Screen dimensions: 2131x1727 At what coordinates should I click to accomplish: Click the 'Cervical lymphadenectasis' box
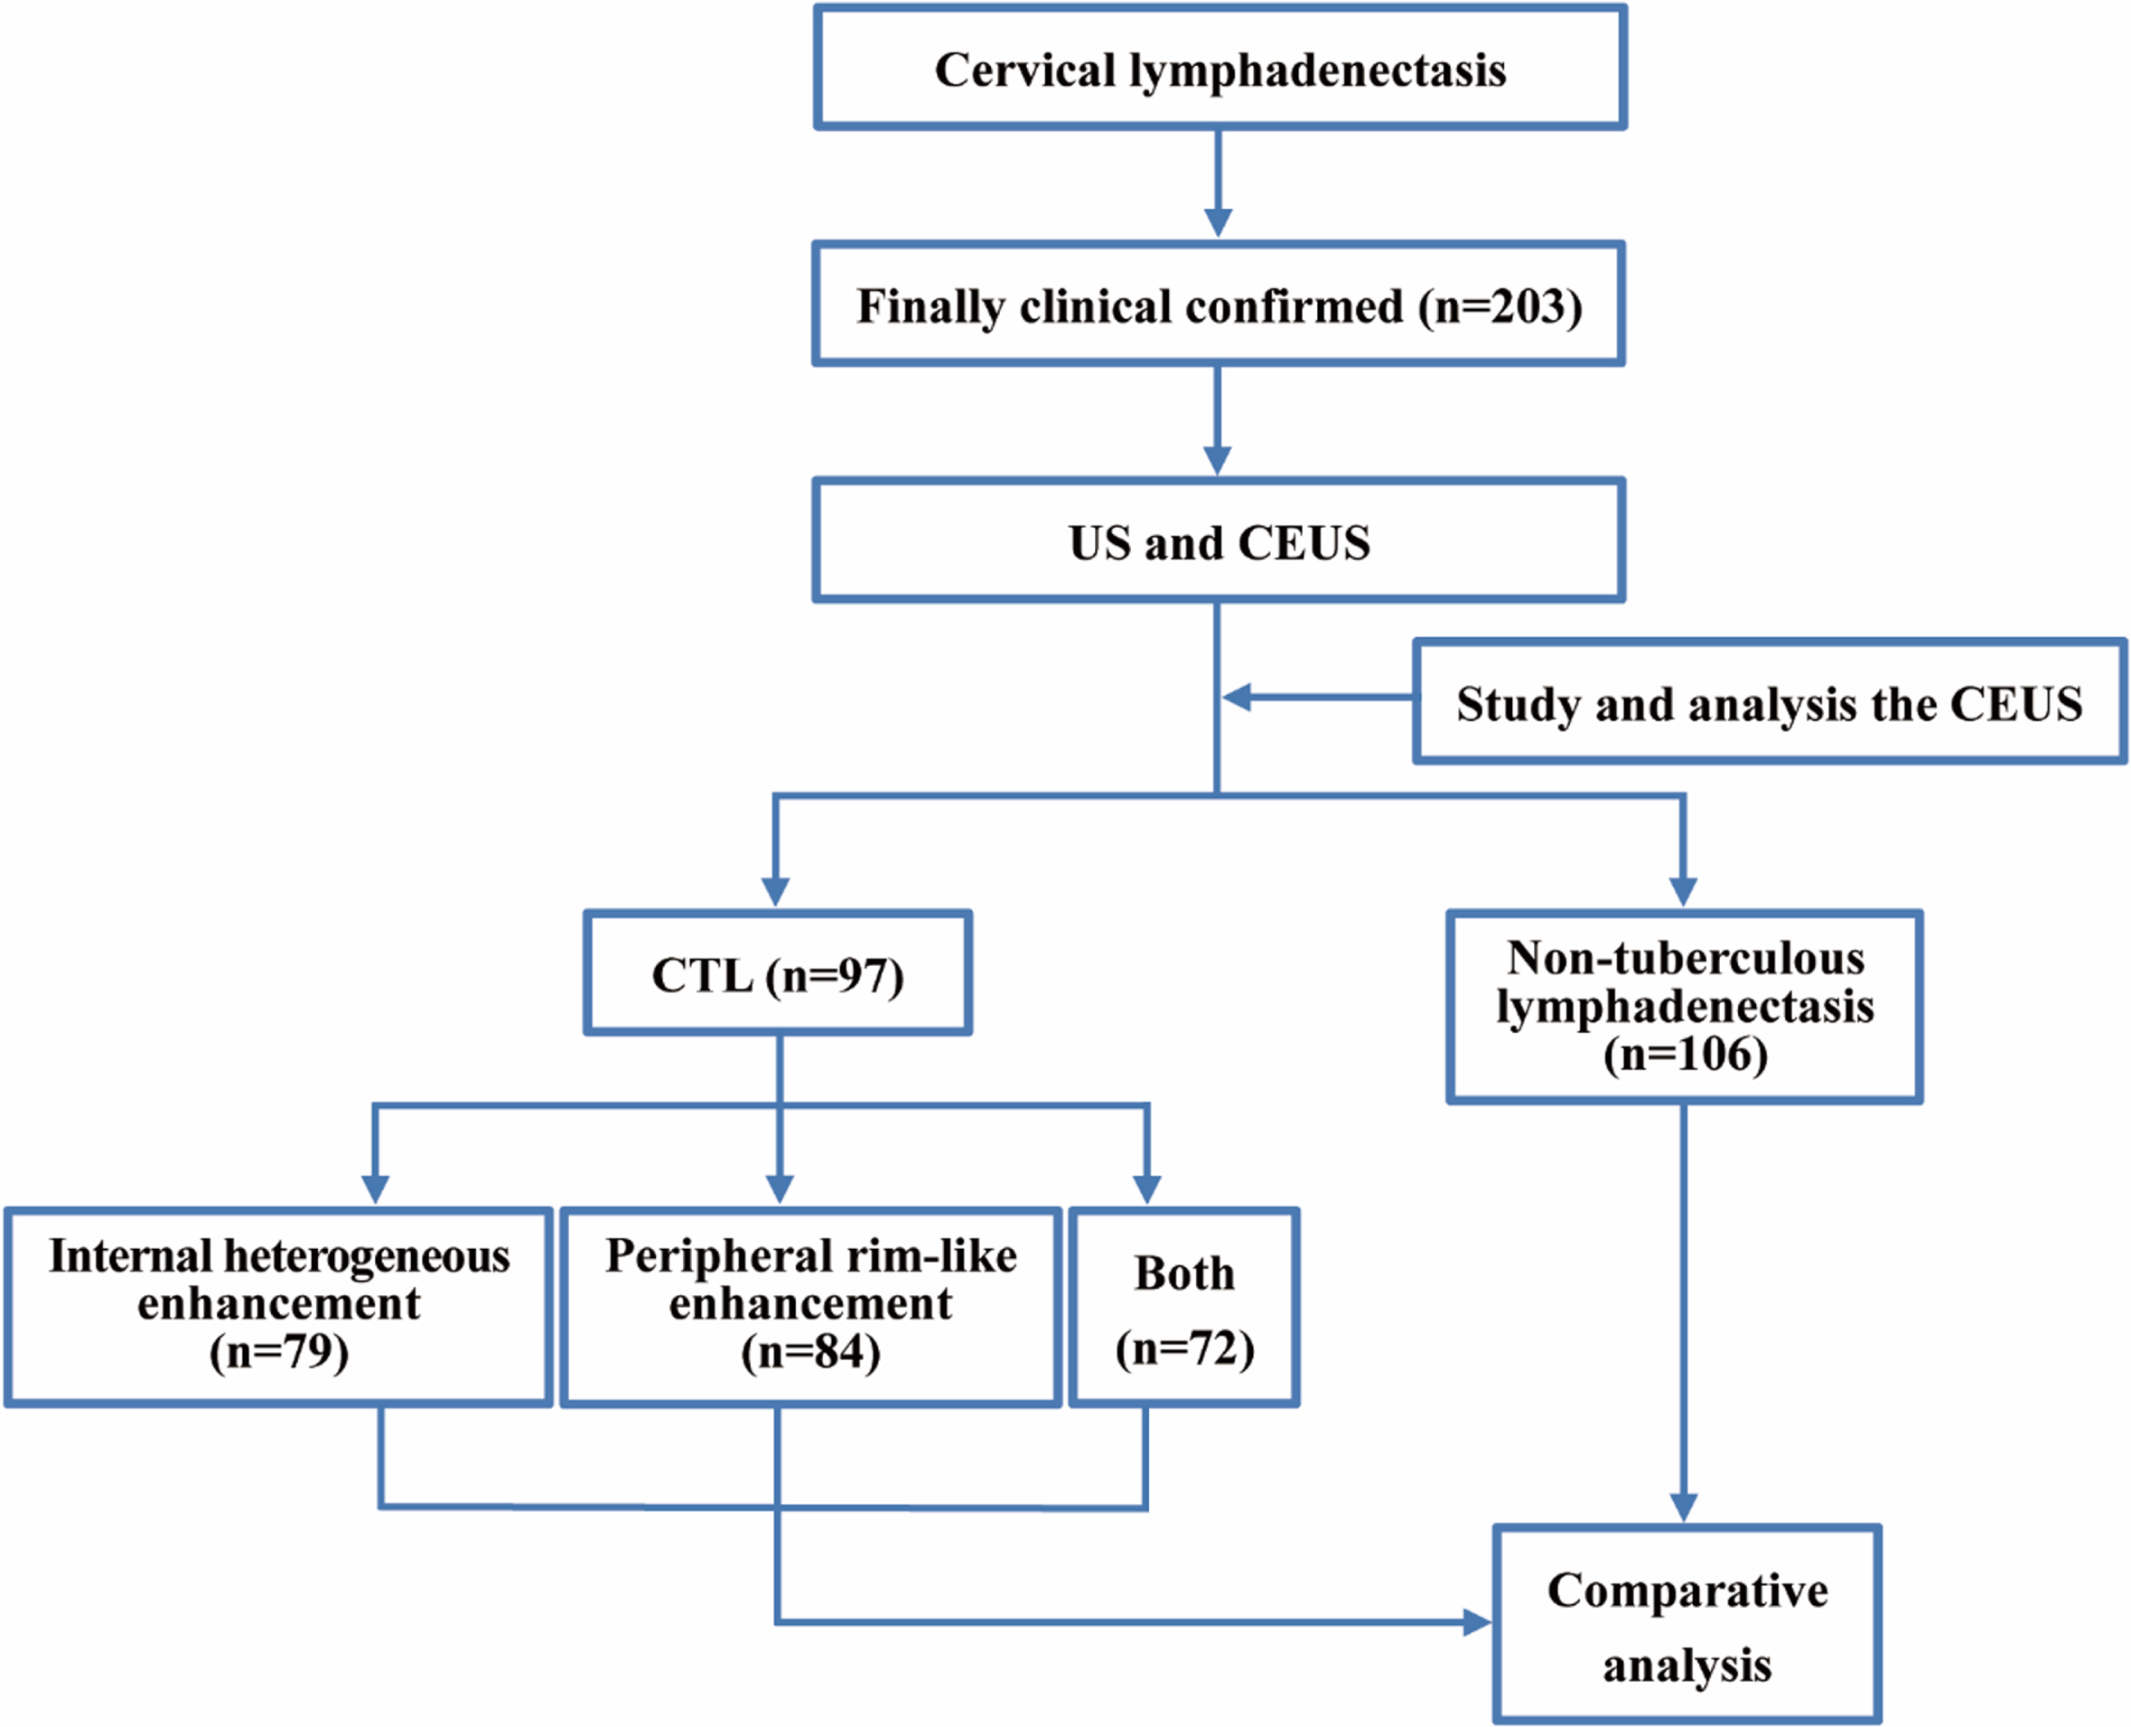[x=1220, y=68]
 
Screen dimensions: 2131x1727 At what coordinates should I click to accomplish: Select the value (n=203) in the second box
[x=1500, y=307]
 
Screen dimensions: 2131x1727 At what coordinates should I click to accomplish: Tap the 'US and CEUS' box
[x=1220, y=540]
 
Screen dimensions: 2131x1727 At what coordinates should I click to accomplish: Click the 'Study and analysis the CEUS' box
[x=1770, y=702]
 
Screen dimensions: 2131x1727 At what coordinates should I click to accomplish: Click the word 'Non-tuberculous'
[x=1687, y=958]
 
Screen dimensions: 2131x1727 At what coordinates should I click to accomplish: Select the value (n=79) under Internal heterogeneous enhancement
[x=279, y=1352]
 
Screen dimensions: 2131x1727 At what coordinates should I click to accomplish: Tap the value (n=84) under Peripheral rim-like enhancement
[x=811, y=1352]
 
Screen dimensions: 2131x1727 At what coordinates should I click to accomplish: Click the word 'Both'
[x=1184, y=1272]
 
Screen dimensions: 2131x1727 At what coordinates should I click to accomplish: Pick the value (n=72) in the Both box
[x=1184, y=1349]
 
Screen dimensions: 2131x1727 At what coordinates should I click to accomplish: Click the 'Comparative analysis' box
[x=1687, y=1625]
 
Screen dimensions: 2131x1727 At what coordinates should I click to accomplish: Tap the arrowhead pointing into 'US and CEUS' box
[x=1218, y=461]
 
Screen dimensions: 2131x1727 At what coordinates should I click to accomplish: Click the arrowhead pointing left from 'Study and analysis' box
[x=1237, y=698]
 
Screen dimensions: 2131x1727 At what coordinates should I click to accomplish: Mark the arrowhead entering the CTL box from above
[x=776, y=891]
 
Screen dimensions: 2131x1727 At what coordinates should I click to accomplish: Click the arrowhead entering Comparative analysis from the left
[x=1478, y=1622]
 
